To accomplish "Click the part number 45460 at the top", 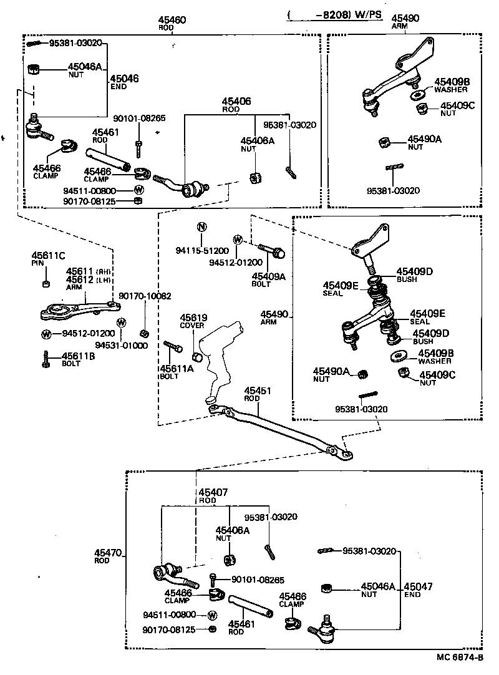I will point(172,20).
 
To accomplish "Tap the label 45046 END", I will point(124,82).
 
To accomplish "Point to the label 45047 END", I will point(417,590).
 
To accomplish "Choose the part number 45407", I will point(213,492).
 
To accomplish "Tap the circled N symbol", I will point(202,226).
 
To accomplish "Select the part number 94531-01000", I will point(122,344).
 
